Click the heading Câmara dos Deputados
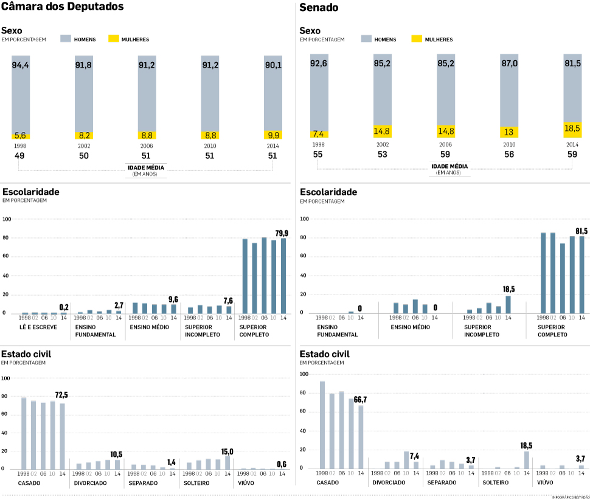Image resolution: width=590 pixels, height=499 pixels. (x=63, y=7)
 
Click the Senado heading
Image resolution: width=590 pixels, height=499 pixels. (x=319, y=8)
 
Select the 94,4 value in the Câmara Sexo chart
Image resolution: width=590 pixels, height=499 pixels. (x=21, y=65)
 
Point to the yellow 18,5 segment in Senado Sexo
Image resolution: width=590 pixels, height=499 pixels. (x=572, y=129)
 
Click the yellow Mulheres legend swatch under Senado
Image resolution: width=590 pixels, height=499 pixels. (x=417, y=39)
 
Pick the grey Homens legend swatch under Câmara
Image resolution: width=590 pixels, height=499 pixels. (x=66, y=39)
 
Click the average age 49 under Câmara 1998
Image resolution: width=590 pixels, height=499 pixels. (x=20, y=156)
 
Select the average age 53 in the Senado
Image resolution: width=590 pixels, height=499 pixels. (x=383, y=155)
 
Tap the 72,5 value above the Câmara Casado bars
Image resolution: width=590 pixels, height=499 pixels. (x=62, y=396)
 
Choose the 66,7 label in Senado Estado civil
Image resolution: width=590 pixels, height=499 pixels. (x=361, y=400)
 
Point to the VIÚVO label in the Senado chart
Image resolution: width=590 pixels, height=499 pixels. (x=544, y=483)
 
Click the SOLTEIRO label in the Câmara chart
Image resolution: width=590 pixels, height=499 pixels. (x=196, y=483)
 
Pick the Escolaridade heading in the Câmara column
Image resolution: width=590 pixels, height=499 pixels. (x=30, y=192)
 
